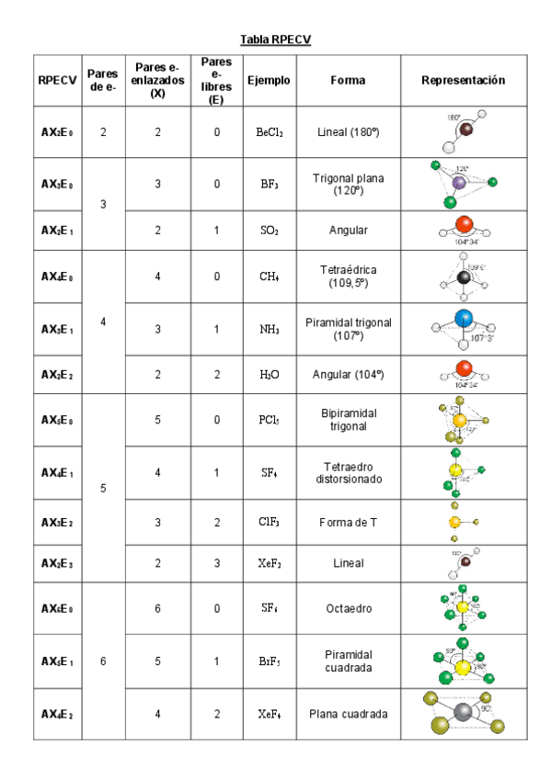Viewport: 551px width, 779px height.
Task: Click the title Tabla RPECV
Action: point(275,39)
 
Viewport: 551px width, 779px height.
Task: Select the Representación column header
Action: point(464,80)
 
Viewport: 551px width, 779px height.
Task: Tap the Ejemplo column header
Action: point(269,80)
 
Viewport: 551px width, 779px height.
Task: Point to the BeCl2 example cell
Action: point(269,132)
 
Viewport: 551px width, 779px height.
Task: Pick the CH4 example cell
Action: point(269,277)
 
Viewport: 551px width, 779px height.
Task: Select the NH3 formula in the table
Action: point(269,329)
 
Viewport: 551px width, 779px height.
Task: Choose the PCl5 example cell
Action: point(269,420)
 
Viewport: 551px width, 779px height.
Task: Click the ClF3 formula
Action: point(269,523)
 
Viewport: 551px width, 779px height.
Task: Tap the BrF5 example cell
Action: point(269,660)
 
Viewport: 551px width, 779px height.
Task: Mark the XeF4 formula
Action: point(269,714)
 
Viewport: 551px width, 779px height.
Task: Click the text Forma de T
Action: point(348,523)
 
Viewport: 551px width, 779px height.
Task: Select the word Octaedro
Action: point(348,608)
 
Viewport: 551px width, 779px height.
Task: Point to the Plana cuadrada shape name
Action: point(348,714)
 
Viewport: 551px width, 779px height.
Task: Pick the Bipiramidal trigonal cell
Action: point(348,420)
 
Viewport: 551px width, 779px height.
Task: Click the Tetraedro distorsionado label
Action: point(348,472)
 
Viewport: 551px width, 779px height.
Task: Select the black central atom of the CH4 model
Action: point(465,277)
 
